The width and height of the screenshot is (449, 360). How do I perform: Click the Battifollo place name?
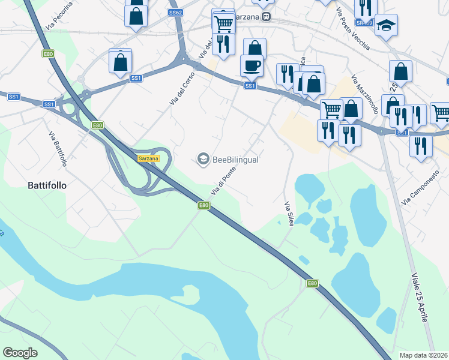(47, 185)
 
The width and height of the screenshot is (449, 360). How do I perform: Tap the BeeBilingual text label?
(235, 160)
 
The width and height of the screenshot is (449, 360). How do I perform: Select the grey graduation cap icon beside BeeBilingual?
(203, 159)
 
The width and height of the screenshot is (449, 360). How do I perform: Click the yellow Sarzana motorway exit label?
(148, 158)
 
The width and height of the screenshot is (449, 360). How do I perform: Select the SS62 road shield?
(175, 12)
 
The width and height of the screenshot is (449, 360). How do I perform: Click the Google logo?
(20, 353)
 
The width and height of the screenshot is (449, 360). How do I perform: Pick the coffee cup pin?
(252, 65)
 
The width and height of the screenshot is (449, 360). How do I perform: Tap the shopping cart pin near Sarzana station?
(223, 24)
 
